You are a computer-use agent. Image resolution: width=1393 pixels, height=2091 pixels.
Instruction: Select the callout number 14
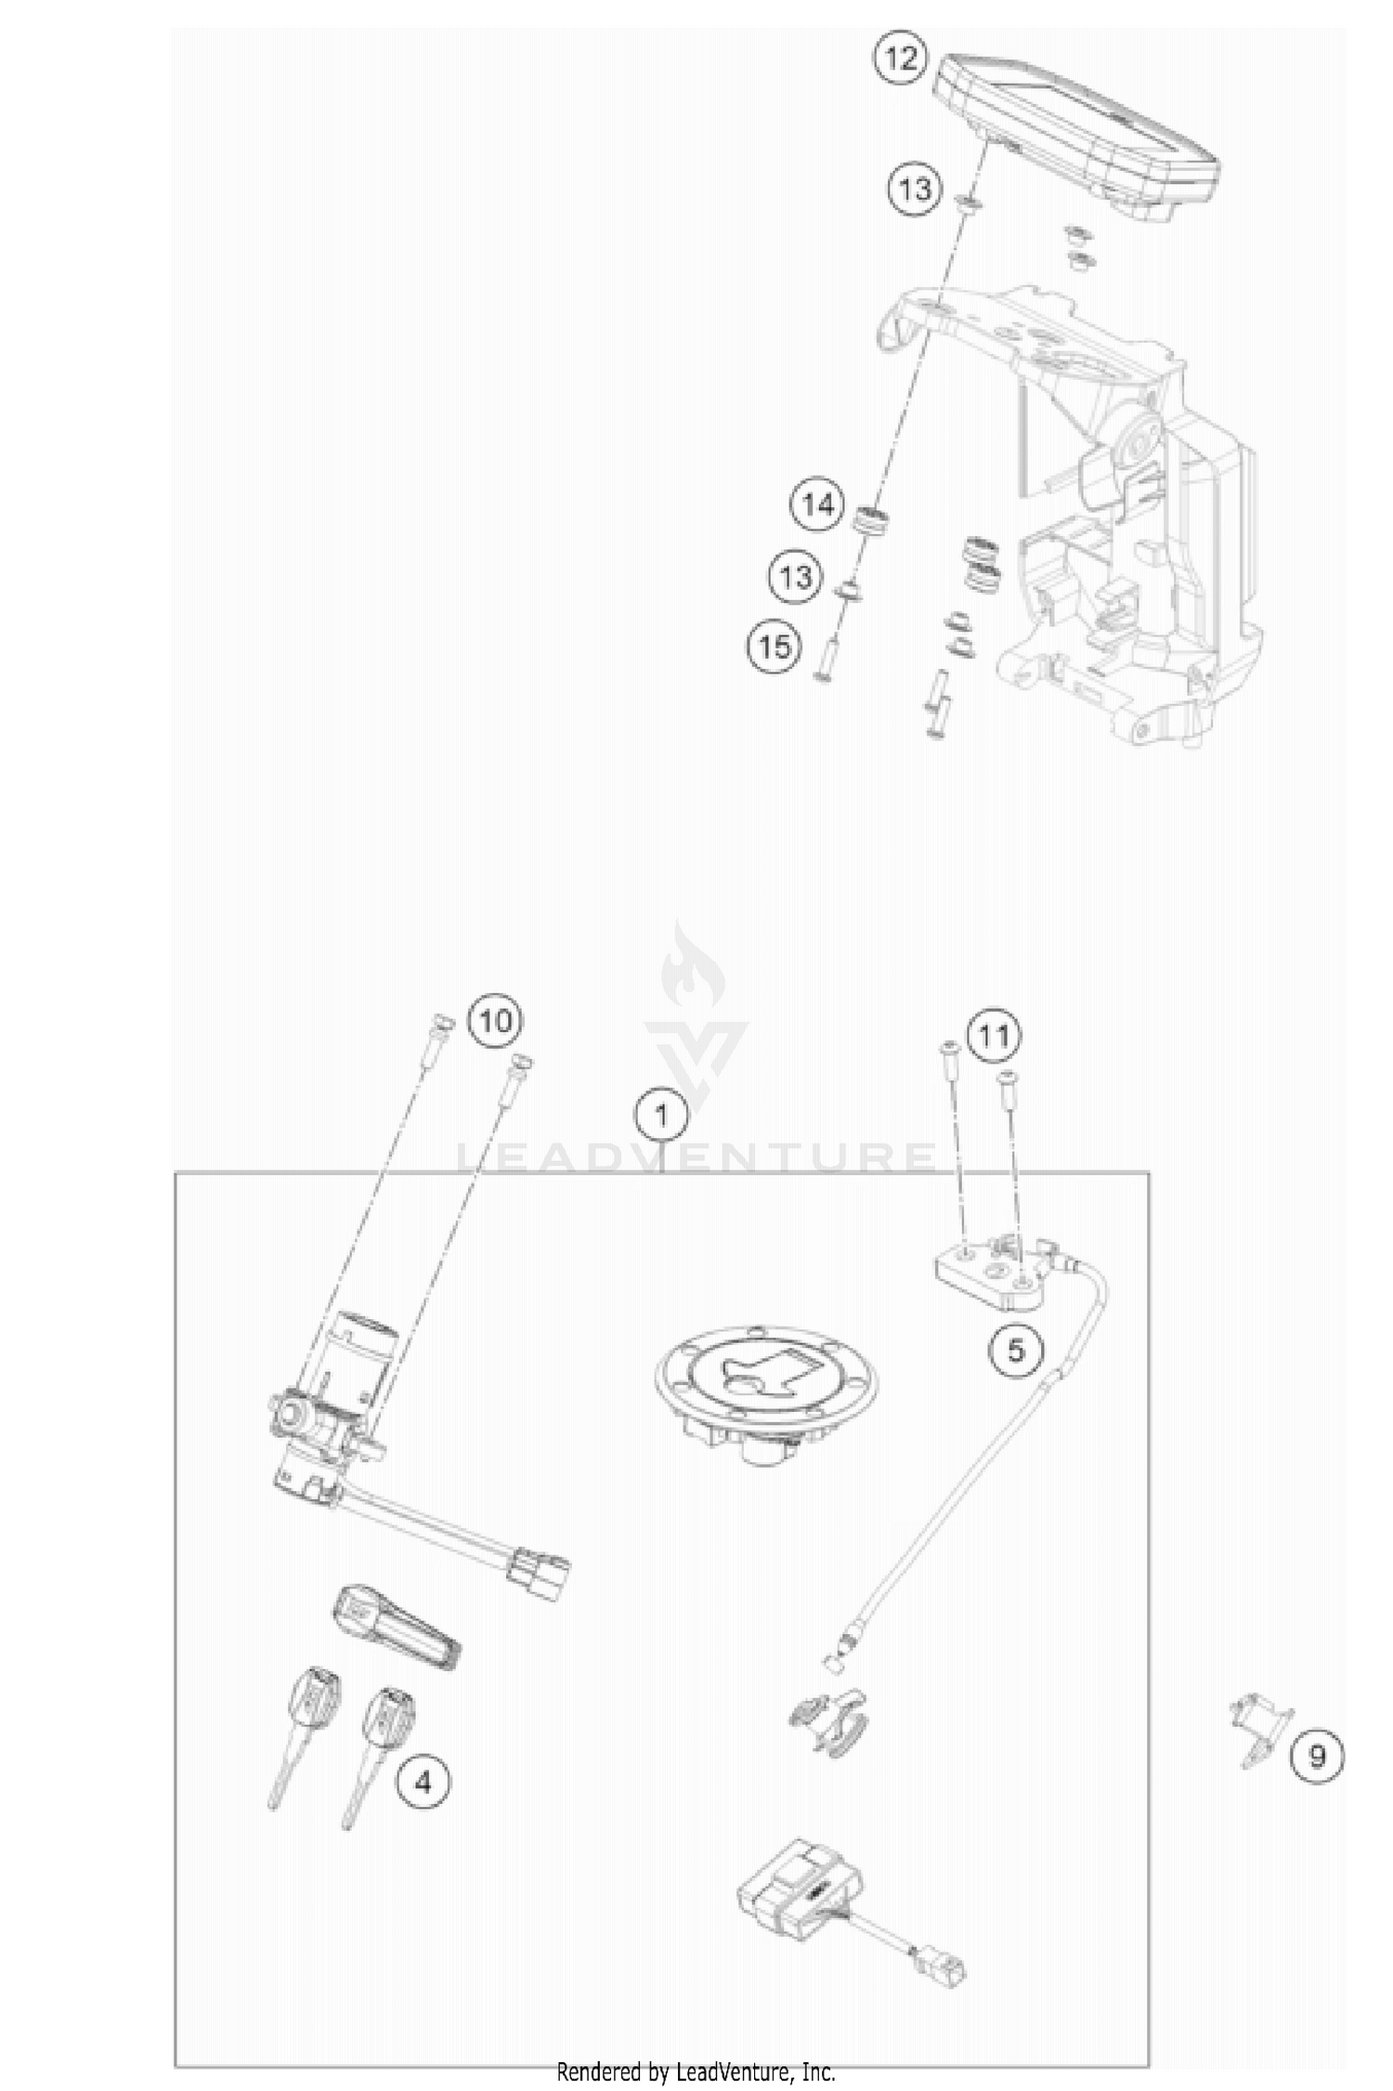click(x=818, y=505)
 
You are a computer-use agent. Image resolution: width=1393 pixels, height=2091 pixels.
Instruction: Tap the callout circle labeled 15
click(x=775, y=645)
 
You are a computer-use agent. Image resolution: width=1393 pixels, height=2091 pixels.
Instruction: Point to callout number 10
click(x=494, y=1021)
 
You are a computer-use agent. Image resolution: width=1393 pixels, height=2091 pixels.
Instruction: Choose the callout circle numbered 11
click(x=994, y=1034)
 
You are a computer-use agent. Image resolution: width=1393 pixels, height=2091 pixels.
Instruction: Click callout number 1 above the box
click(x=661, y=1114)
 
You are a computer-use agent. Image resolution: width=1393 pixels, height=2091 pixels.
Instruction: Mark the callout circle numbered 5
click(x=1015, y=1350)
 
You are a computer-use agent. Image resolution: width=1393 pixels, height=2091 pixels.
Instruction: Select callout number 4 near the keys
click(x=423, y=1783)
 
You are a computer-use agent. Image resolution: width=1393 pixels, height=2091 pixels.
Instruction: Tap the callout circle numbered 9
click(x=1316, y=1756)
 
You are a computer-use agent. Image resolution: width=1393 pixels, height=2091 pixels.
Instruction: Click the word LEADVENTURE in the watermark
click(x=696, y=1157)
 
